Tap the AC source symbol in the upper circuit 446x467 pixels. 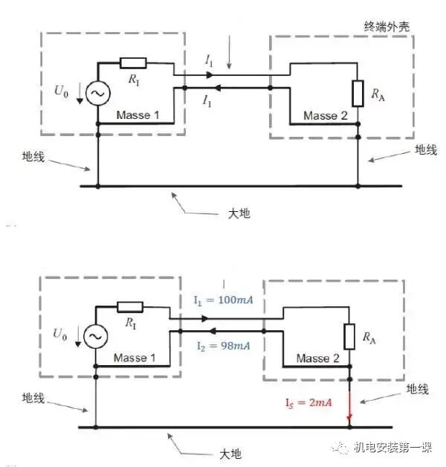coord(98,93)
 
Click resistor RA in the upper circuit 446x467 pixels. coord(358,93)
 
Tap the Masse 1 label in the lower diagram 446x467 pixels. coord(135,358)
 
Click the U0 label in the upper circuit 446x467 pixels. coord(61,91)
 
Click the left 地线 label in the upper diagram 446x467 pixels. coord(34,157)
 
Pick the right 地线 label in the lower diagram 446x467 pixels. coord(416,389)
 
